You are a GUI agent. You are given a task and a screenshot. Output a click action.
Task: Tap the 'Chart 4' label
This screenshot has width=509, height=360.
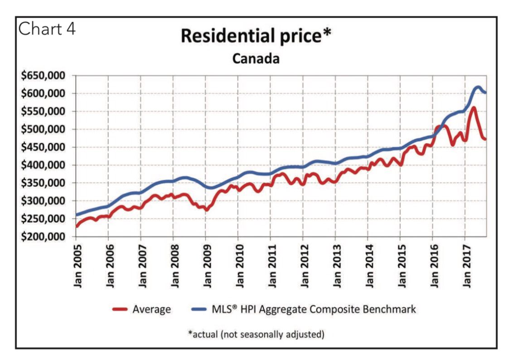point(47,29)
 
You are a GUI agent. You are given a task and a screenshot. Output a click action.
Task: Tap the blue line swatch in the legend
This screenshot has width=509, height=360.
point(197,310)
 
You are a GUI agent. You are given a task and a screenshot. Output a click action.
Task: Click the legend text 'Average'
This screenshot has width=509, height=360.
point(152,310)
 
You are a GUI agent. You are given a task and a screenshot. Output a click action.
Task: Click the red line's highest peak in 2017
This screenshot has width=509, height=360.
point(473,108)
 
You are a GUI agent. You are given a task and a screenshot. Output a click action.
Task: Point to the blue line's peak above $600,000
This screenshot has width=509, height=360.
point(478,87)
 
